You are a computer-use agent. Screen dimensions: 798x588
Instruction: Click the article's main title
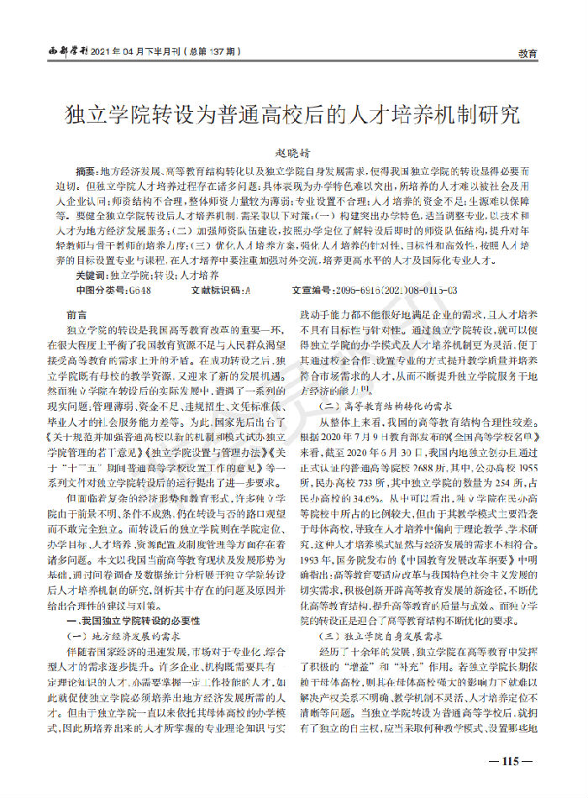(293, 114)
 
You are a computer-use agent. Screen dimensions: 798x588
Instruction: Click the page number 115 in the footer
(510, 761)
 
